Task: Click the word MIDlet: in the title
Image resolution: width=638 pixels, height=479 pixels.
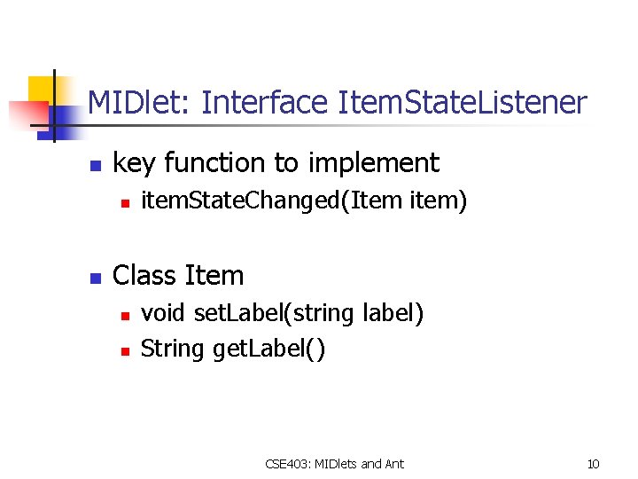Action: coord(141,104)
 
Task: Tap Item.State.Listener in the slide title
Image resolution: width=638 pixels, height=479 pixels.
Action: coord(462,104)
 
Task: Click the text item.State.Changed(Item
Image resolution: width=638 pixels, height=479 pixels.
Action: coord(273,202)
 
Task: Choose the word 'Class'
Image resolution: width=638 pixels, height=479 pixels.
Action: coord(144,276)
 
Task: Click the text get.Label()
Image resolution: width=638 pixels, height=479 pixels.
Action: coord(268,349)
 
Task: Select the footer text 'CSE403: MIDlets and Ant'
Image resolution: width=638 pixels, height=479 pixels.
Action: coord(334,463)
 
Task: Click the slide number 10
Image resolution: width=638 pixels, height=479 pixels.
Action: coord(593,463)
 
